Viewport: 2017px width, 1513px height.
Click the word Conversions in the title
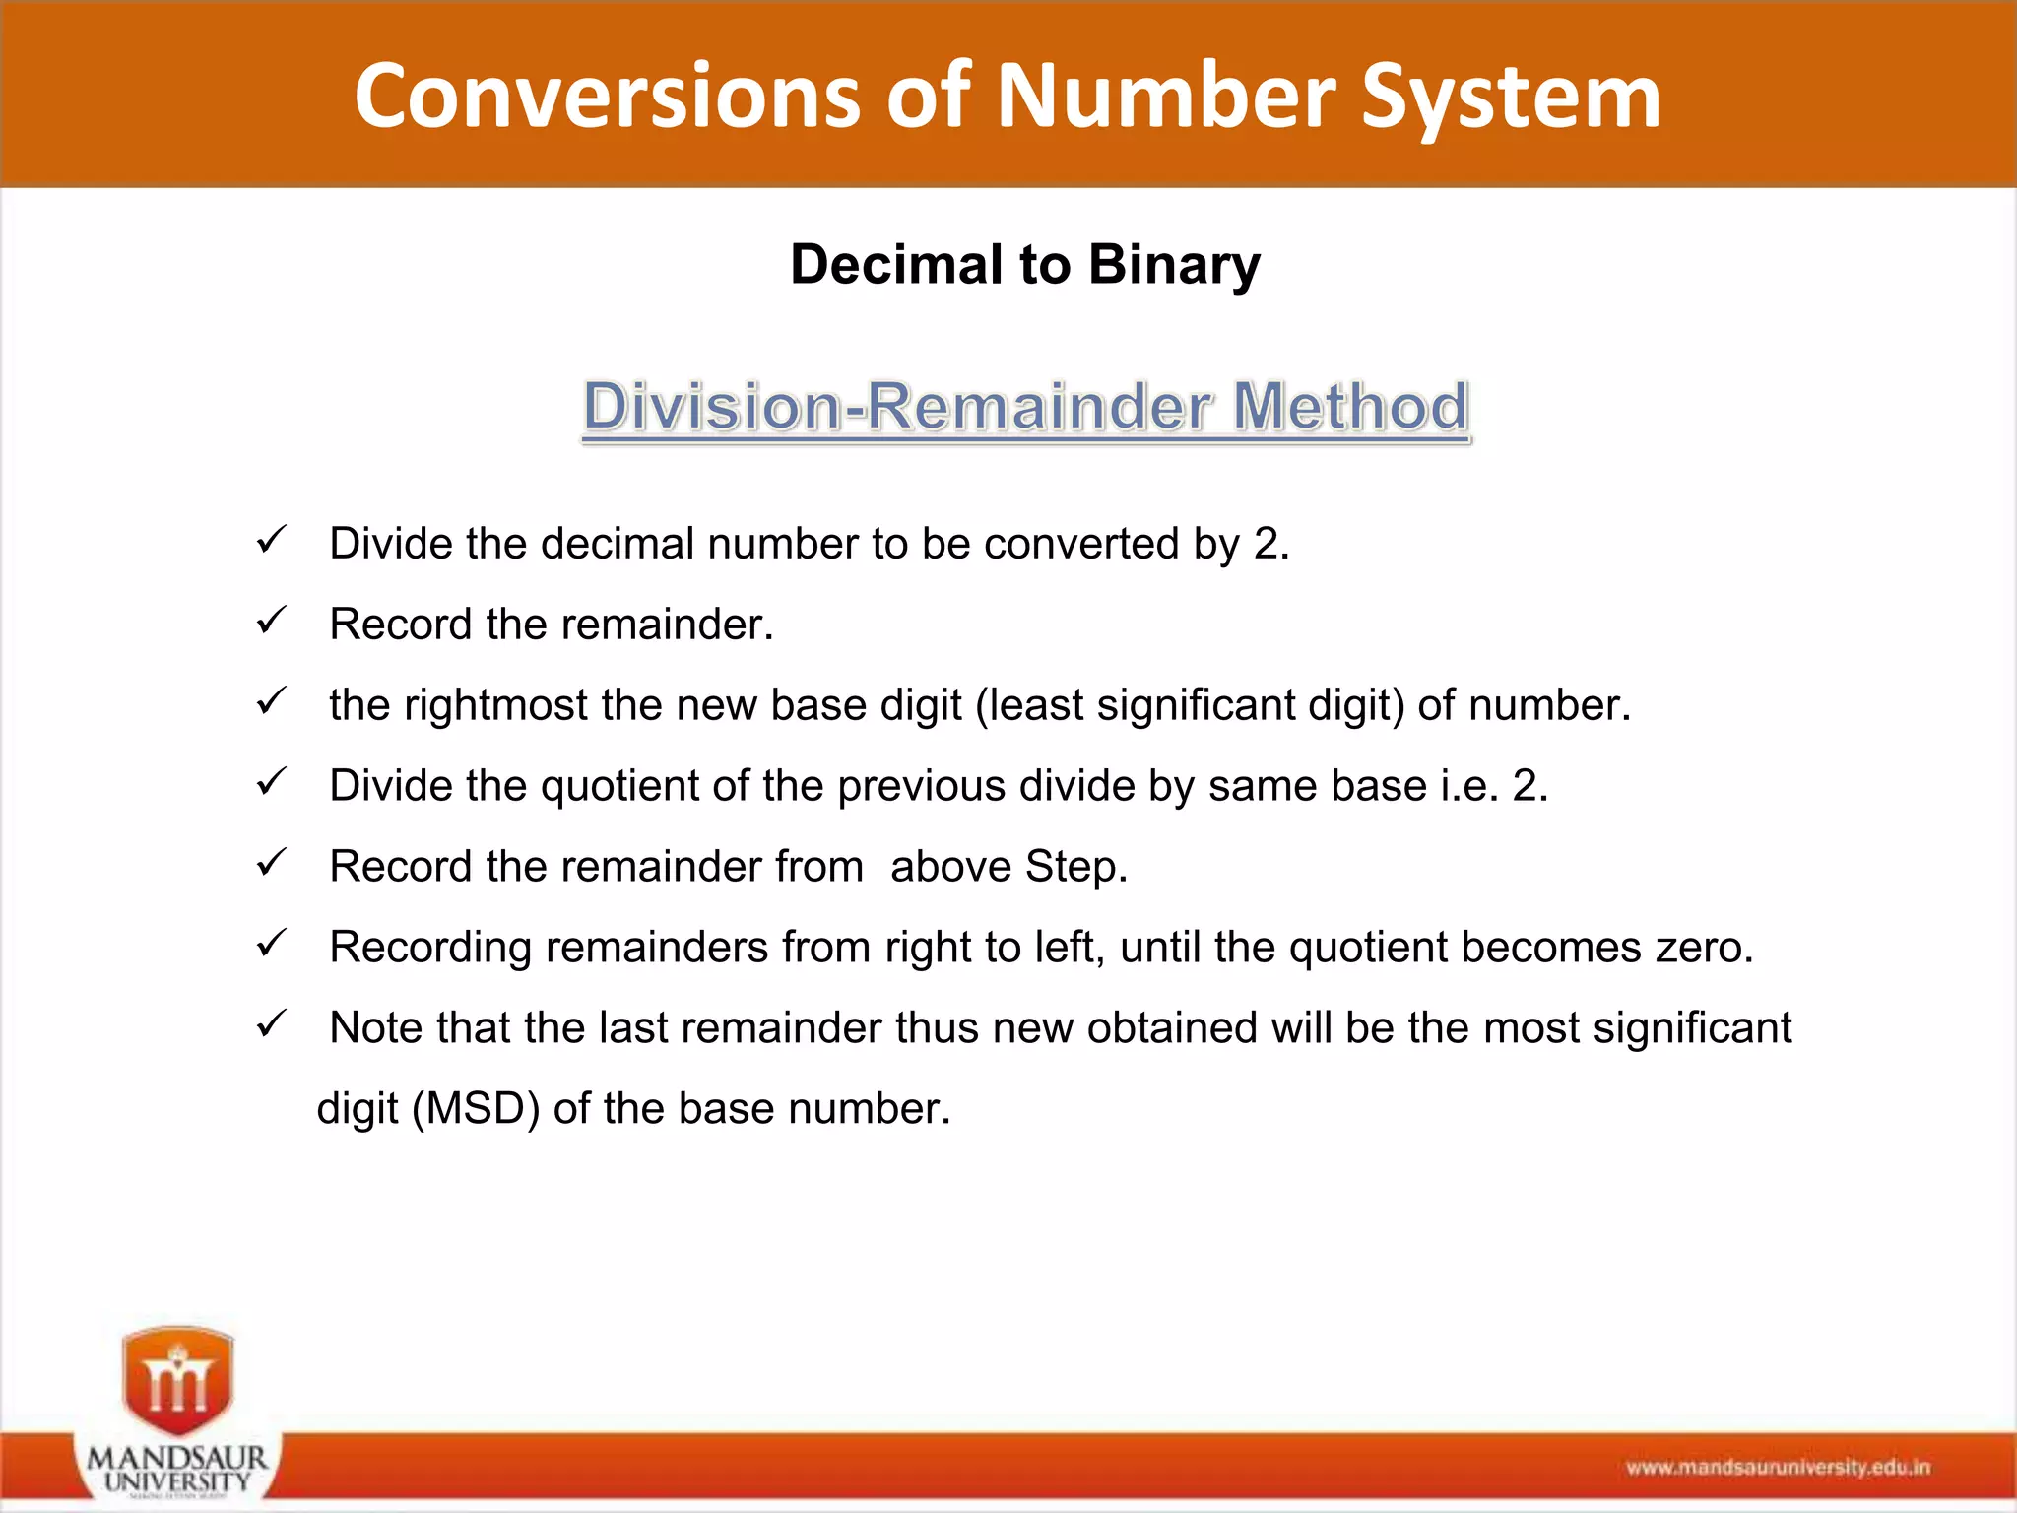click(x=607, y=96)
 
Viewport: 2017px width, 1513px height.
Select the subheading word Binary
click(x=1174, y=265)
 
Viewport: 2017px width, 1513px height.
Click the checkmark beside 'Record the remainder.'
click(x=271, y=622)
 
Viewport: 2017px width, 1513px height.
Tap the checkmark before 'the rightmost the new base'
click(x=271, y=702)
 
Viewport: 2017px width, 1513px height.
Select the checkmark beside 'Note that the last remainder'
click(x=271, y=1025)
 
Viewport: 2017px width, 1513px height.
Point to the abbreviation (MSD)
click(x=477, y=1109)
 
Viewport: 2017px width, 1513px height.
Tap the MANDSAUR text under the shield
click(x=177, y=1457)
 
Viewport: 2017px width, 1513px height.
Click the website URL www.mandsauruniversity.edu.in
click(x=1778, y=1468)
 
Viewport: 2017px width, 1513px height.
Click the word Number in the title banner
click(x=1166, y=96)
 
